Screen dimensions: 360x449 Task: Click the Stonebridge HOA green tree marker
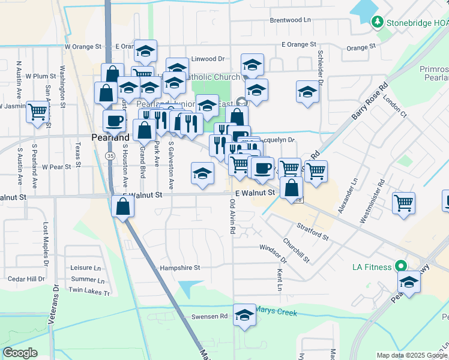click(377, 23)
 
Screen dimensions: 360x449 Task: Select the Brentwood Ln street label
click(291, 20)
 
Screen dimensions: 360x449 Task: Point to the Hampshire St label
click(179, 268)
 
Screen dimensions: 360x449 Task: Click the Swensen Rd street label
click(209, 316)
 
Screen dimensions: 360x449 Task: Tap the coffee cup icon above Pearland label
click(114, 121)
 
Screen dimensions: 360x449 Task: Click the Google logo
click(20, 352)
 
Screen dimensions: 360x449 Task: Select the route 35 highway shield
click(109, 155)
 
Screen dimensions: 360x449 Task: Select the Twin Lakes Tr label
click(89, 292)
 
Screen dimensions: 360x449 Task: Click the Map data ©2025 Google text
click(412, 355)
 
